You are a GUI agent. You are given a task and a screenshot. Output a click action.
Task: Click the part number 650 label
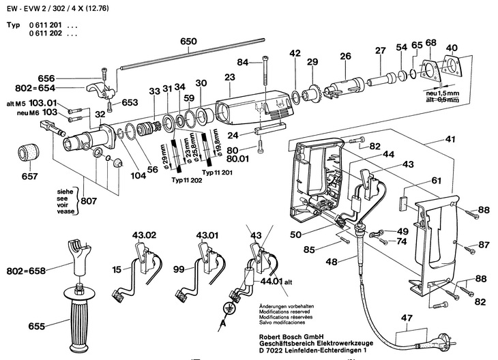pyautogui.click(x=189, y=42)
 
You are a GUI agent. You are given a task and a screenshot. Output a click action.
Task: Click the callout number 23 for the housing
pyautogui.click(x=230, y=77)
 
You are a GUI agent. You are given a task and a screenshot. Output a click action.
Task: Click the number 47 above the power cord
pyautogui.click(x=407, y=318)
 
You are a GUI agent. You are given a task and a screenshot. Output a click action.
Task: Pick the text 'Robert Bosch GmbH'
pyautogui.click(x=291, y=337)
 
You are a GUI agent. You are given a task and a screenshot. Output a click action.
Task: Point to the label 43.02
pyautogui.click(x=145, y=235)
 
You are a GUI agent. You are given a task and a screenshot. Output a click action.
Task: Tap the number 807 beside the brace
pyautogui.click(x=89, y=201)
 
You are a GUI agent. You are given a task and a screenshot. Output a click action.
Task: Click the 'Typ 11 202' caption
pyautogui.click(x=187, y=180)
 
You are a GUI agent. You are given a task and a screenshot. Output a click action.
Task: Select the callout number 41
pyautogui.click(x=450, y=139)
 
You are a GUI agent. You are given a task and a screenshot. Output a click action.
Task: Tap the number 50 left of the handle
pyautogui.click(x=295, y=235)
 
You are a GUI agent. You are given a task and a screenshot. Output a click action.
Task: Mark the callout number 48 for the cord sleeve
pyautogui.click(x=332, y=262)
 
